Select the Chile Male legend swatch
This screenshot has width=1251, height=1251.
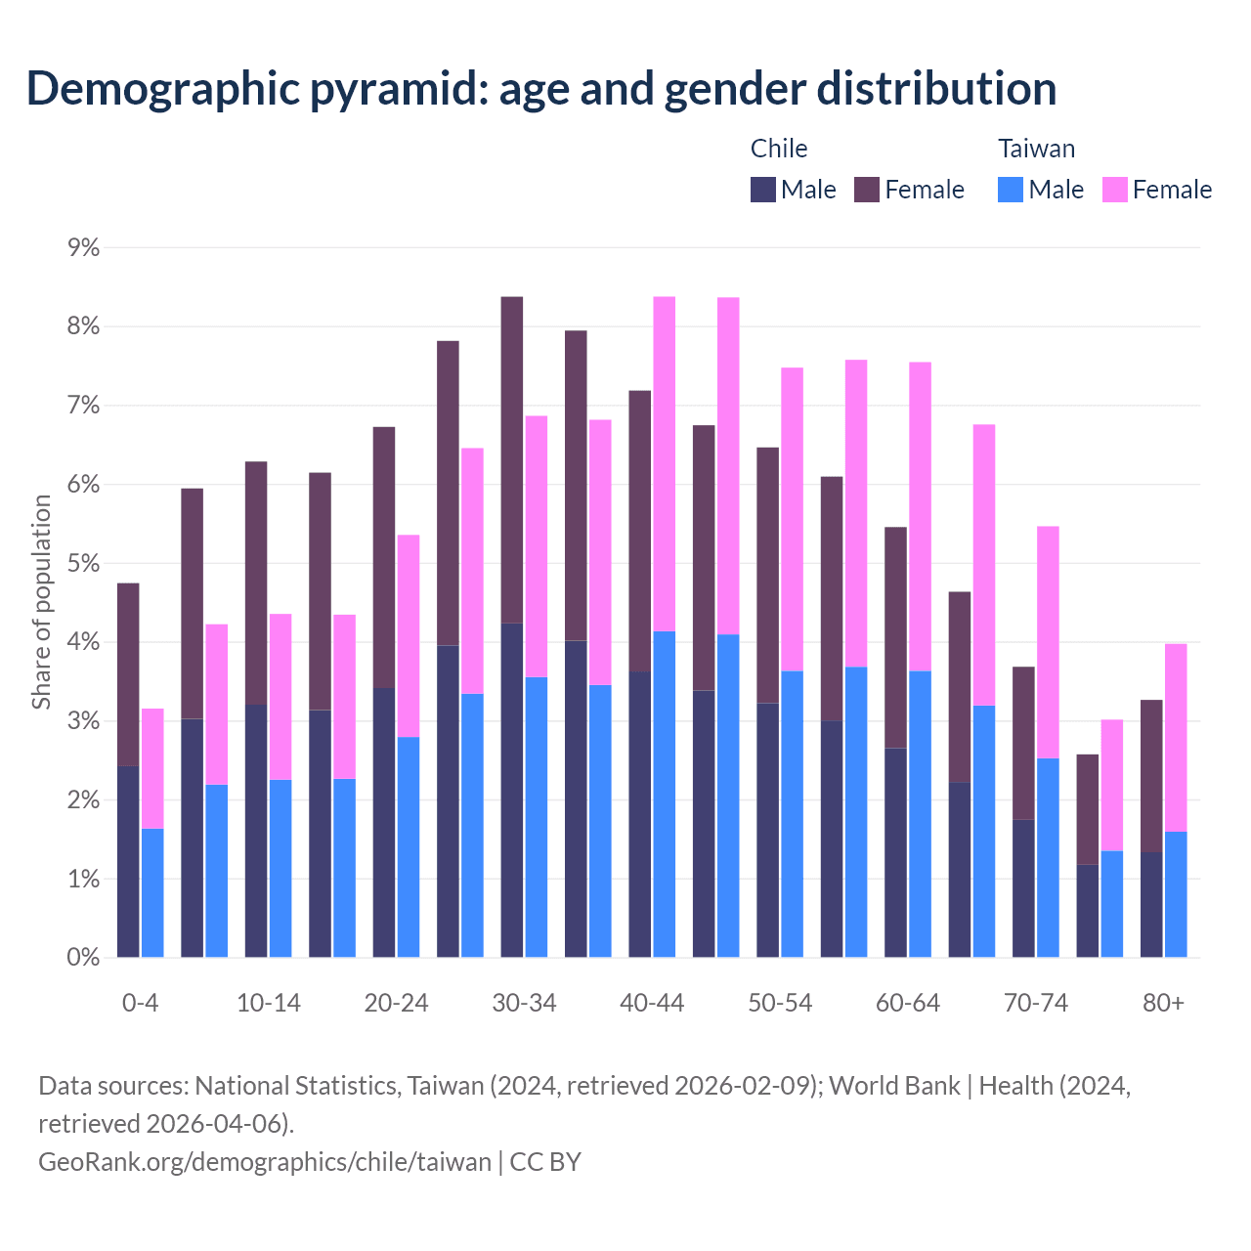click(763, 190)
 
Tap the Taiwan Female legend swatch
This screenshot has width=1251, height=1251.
click(1115, 190)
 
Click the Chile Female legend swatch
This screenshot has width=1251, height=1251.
click(867, 190)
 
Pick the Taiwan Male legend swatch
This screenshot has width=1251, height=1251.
click(1011, 190)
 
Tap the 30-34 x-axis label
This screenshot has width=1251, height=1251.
click(524, 1004)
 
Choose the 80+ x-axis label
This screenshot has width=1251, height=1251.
click(1163, 1004)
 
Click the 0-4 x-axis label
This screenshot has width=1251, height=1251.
click(140, 1004)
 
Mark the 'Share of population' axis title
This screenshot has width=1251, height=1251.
click(41, 602)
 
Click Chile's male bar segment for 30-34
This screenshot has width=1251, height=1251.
click(511, 790)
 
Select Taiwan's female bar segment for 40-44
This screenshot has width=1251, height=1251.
click(665, 464)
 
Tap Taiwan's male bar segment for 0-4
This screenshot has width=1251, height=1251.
click(152, 893)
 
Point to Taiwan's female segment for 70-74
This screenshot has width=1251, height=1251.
click(1048, 642)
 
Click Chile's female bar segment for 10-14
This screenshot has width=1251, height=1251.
click(256, 582)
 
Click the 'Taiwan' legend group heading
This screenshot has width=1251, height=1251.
click(1036, 149)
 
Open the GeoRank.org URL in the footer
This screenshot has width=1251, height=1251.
click(265, 1162)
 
